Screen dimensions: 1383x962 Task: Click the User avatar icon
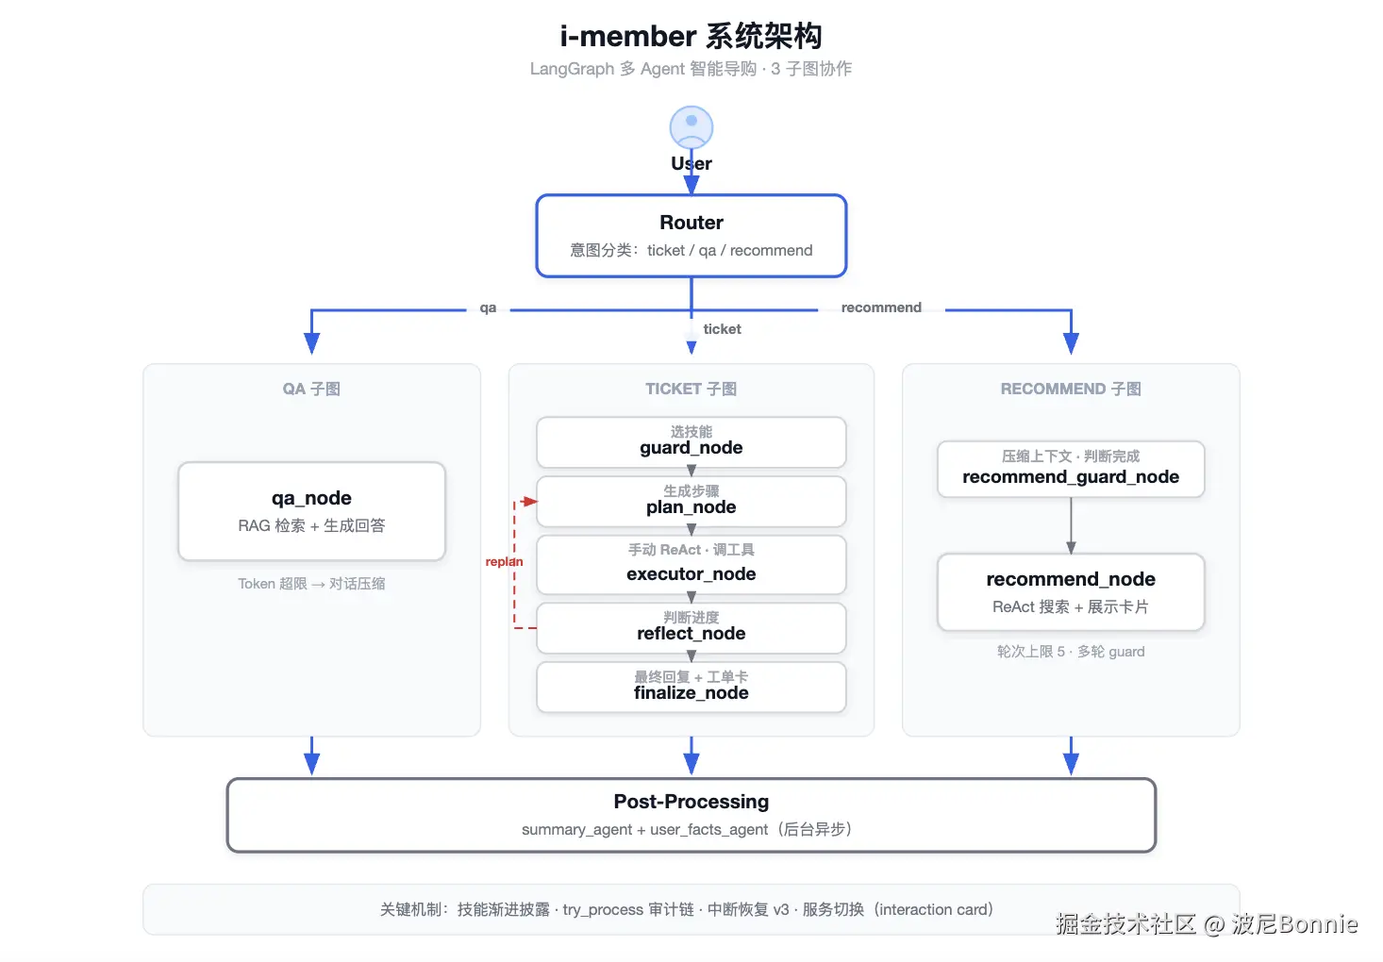coord(691,127)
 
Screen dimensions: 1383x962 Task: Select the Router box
coord(691,236)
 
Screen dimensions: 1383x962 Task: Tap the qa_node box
coord(311,511)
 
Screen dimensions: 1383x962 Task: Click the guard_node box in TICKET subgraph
coord(691,441)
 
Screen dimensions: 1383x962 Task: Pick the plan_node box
coord(691,501)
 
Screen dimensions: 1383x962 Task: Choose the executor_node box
coord(691,565)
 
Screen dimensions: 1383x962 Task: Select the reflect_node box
coord(691,627)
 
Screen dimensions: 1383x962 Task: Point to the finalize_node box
coord(691,687)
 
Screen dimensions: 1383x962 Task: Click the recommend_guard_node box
coord(1071,469)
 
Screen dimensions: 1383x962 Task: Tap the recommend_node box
coord(1071,591)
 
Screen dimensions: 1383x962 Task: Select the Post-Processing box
coord(691,815)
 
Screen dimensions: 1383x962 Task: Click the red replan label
coord(504,561)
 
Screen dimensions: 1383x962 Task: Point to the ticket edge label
coord(722,329)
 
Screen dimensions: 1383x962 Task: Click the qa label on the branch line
coord(488,307)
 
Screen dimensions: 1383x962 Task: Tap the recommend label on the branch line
coord(881,307)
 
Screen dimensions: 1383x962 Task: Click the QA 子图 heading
coord(311,389)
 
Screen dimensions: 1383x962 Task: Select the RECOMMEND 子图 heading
coord(1071,389)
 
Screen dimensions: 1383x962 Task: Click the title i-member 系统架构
coord(691,36)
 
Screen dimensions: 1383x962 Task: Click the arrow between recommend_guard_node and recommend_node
coord(1071,525)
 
